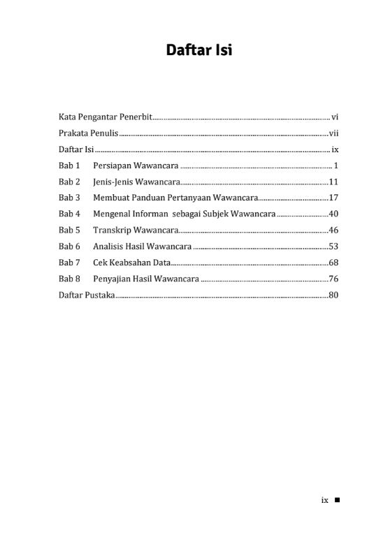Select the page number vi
click(335, 117)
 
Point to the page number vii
click(333, 133)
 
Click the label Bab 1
click(69, 166)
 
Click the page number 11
click(333, 182)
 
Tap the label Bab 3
click(69, 198)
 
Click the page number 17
click(333, 198)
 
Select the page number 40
click(333, 214)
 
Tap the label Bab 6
click(69, 247)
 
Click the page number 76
click(333, 279)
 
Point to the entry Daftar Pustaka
click(86, 295)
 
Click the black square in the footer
click(337, 500)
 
